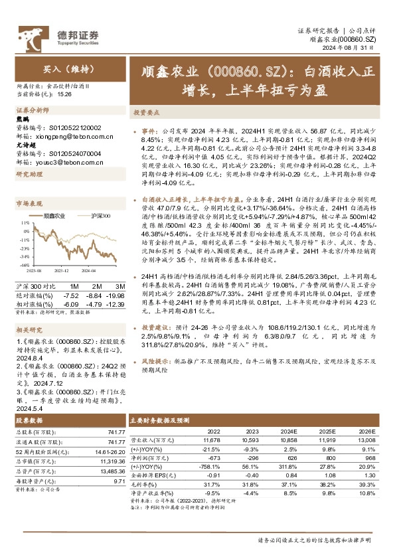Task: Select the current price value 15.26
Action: [x=65, y=95]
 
